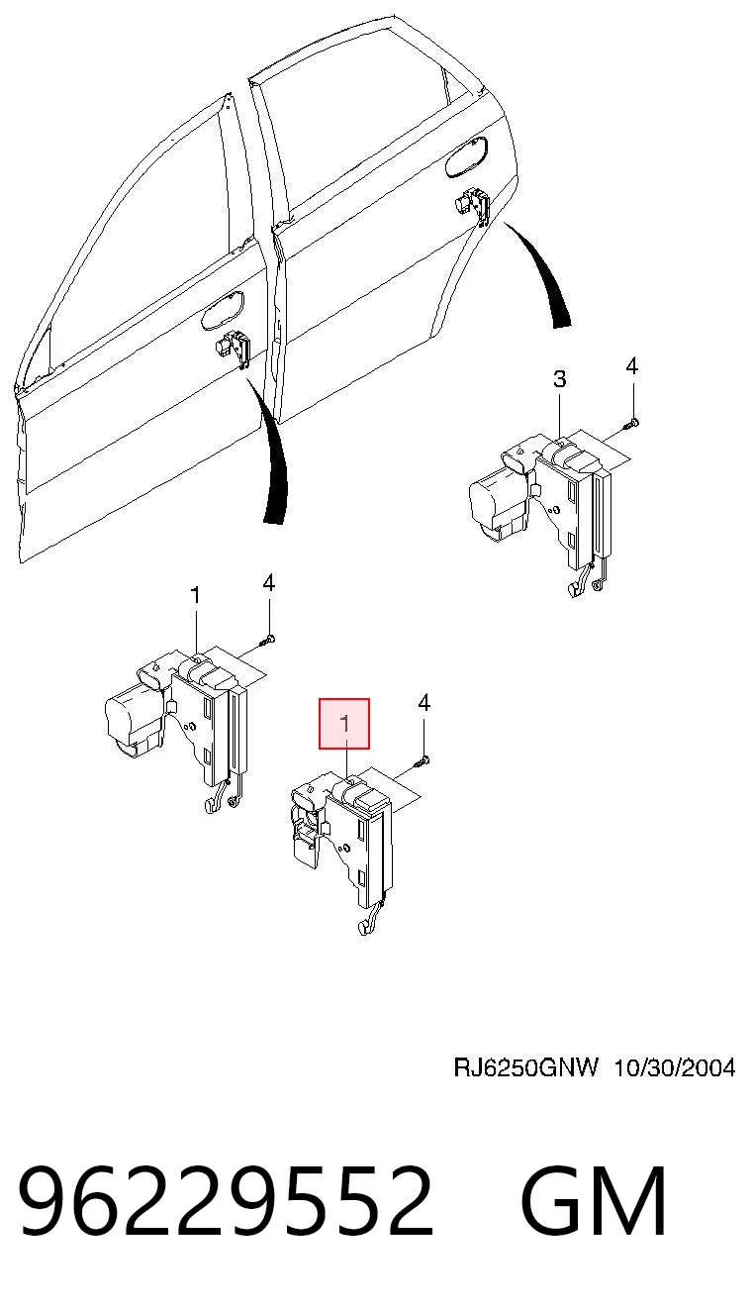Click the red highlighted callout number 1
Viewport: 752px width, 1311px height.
point(344,724)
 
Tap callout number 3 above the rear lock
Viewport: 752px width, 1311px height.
point(560,379)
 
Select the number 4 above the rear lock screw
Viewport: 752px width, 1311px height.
point(631,366)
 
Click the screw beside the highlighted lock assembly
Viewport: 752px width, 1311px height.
point(422,760)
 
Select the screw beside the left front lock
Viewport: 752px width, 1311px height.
point(267,640)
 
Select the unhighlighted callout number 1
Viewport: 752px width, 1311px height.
point(195,596)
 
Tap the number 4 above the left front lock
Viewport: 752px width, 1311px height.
point(268,583)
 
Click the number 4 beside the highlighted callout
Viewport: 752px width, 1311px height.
point(423,703)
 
